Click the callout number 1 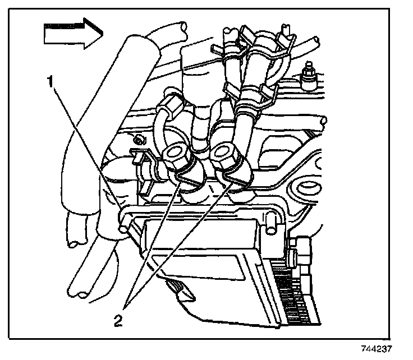tap(50, 82)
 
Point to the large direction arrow tap(70, 33)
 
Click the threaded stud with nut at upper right tap(308, 75)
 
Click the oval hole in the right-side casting tap(308, 188)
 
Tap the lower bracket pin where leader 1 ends tap(124, 228)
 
